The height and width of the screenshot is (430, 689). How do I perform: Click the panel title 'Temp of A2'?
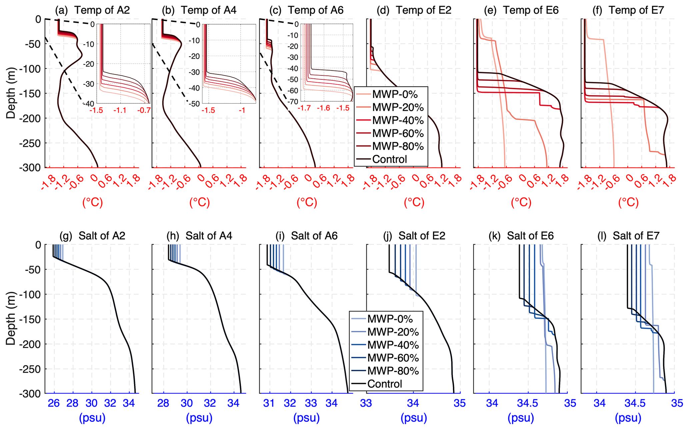102,10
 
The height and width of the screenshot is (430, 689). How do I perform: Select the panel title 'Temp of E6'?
531,10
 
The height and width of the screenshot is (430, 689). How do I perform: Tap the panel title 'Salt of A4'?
209,236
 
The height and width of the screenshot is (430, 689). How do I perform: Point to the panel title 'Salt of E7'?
636,236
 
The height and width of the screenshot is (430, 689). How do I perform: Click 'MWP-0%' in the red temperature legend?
395,94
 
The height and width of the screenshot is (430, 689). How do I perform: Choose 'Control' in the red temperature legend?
389,159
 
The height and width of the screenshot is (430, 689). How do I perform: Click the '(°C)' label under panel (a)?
92,202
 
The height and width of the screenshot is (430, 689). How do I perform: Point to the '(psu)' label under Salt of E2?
414,418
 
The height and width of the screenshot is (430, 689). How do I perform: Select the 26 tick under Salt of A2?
54,403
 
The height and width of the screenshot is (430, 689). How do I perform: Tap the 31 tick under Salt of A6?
269,403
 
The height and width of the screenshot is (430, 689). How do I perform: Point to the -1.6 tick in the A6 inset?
323,108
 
